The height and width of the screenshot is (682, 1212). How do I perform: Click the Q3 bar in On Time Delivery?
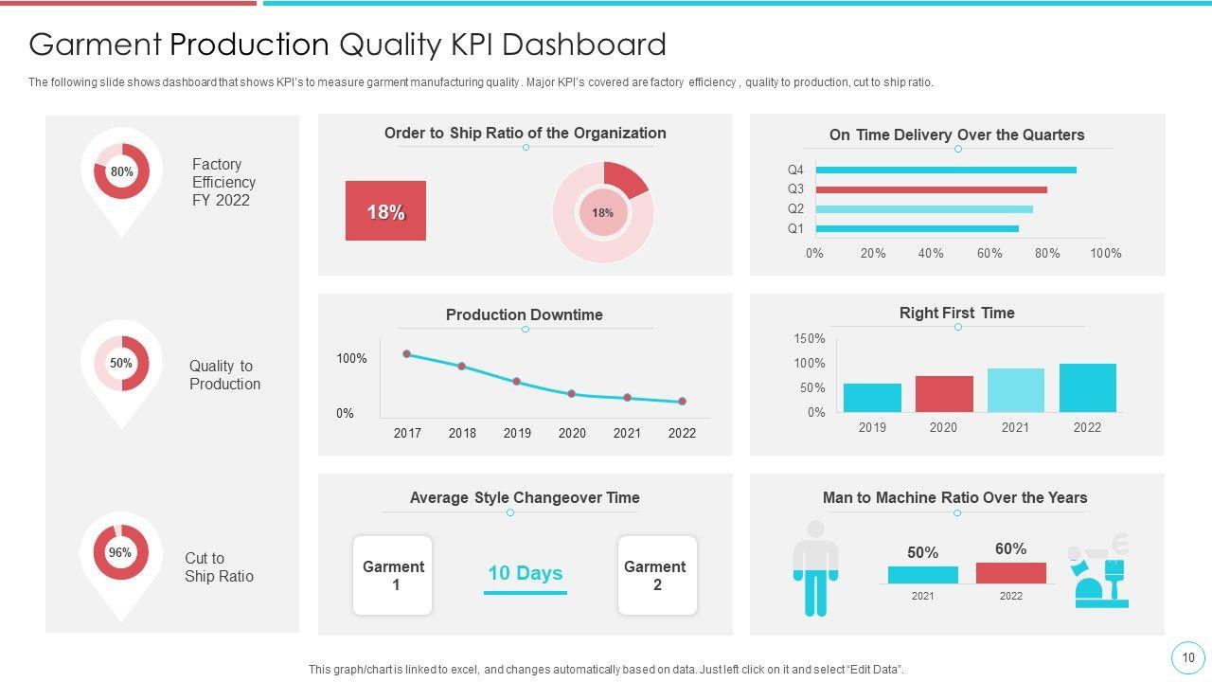(931, 189)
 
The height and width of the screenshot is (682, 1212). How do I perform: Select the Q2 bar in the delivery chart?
(923, 209)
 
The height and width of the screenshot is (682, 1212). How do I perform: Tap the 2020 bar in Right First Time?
(944, 394)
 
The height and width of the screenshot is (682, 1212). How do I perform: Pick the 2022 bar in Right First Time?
(1087, 388)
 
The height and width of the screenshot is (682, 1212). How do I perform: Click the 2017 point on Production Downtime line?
(407, 354)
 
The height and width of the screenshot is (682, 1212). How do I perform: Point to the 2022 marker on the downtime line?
(682, 402)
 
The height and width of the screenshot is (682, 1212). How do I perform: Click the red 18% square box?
(385, 211)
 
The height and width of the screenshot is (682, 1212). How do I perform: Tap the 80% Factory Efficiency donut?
(122, 171)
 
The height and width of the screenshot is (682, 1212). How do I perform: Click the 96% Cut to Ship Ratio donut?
(120, 552)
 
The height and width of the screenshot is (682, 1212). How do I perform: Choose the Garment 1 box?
(393, 576)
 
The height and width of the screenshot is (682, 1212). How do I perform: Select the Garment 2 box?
(656, 576)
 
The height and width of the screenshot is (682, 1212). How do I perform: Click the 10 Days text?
(525, 573)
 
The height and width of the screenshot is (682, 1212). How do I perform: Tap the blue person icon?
(815, 567)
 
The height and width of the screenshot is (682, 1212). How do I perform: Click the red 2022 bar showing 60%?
(1010, 573)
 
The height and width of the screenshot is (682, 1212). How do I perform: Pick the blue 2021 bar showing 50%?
(922, 575)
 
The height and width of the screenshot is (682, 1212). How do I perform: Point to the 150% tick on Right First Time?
(810, 339)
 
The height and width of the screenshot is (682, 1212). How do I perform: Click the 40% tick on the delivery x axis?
(931, 253)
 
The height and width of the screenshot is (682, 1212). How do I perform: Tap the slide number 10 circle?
(1188, 657)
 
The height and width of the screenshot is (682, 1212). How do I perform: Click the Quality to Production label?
(224, 375)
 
